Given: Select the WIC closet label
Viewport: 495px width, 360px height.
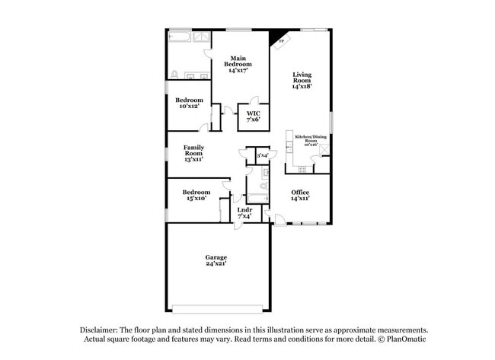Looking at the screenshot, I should [252, 115].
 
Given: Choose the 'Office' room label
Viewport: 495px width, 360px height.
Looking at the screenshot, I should [300, 196].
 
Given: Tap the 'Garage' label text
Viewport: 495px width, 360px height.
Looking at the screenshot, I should [216, 260].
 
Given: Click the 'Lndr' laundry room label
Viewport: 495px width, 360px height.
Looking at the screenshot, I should [244, 212].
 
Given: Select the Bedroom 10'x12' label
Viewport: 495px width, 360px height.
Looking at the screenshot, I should [189, 104].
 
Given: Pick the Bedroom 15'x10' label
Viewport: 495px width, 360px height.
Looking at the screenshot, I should [196, 196].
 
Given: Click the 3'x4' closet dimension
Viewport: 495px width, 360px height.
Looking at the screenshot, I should [262, 155].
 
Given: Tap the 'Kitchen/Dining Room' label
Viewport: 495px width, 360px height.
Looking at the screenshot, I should [311, 141].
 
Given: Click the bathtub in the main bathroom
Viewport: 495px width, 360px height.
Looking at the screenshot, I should [180, 36].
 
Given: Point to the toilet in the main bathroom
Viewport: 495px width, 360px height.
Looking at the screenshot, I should [174, 75].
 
